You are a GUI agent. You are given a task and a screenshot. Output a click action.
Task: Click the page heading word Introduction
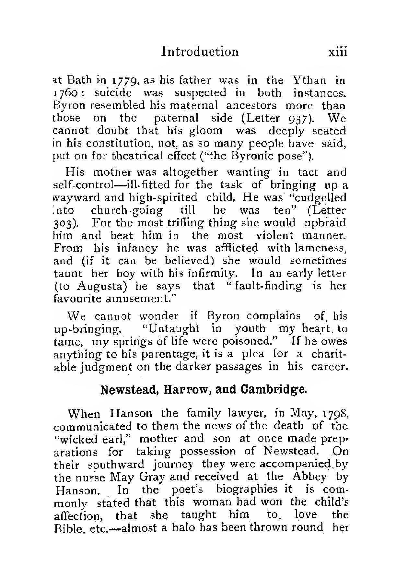point(200,52)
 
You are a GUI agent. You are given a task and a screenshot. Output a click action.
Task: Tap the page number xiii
point(337,52)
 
